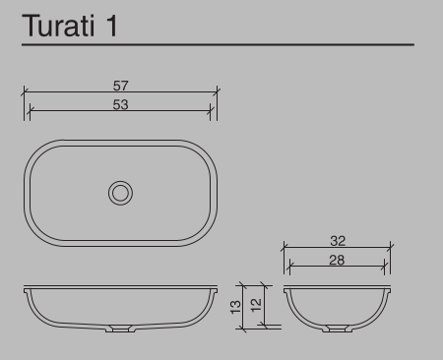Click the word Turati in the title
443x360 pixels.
[58, 26]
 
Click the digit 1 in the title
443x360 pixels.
[112, 27]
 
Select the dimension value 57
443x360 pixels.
[120, 86]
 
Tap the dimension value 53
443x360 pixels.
[120, 105]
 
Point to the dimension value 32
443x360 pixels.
[338, 241]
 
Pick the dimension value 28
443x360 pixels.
[337, 261]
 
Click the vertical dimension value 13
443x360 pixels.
[235, 307]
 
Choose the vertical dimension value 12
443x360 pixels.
[256, 305]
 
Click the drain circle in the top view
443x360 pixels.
[120, 181]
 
